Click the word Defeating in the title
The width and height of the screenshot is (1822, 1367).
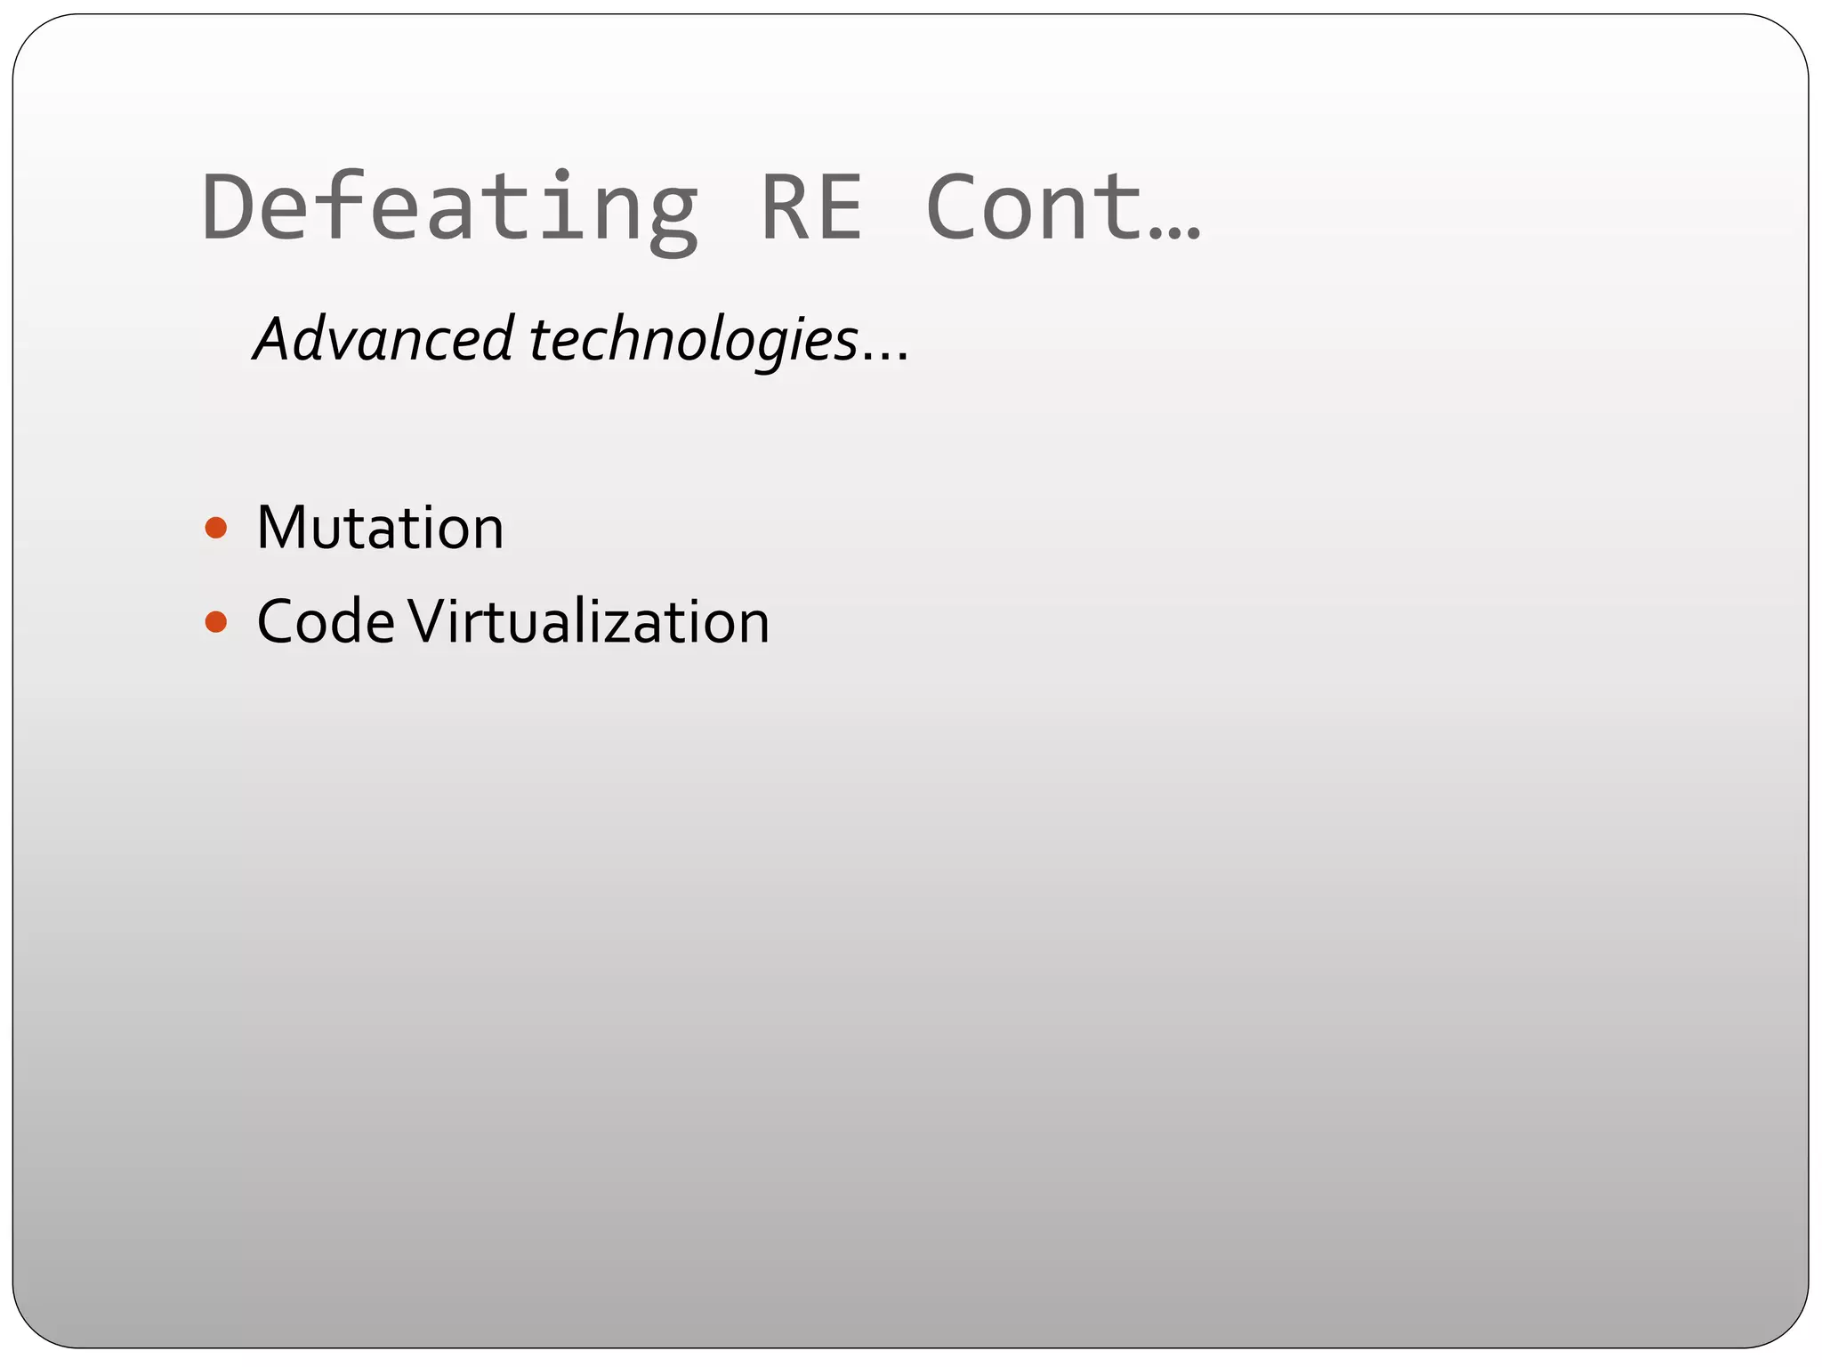point(449,207)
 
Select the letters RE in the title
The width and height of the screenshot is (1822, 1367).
point(811,207)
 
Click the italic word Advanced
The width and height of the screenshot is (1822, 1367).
point(383,339)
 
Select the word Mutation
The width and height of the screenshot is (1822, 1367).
point(380,528)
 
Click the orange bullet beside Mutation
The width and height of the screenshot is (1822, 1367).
point(215,529)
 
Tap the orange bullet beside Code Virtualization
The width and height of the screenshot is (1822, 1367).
point(215,621)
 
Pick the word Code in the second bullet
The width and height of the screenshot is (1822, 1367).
point(326,621)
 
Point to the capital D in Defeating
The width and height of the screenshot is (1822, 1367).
point(230,207)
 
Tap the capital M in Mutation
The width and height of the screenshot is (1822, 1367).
point(282,528)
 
